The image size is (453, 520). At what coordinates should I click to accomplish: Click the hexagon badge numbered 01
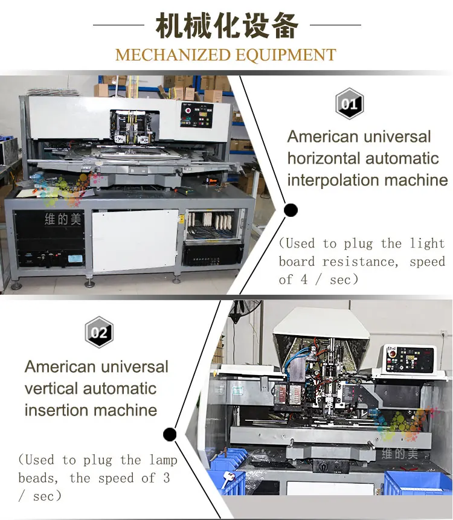350,104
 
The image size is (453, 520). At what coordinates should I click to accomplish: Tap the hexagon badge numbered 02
99,332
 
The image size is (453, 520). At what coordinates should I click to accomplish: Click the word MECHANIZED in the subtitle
173,55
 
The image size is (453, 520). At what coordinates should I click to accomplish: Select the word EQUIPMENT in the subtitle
286,55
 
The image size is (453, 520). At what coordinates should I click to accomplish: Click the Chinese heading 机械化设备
227,26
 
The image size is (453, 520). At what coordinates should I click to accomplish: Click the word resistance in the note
360,262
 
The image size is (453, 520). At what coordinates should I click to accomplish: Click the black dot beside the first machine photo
291,210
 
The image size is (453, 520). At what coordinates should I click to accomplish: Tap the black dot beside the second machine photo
170,434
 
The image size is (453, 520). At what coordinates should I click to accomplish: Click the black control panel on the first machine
197,115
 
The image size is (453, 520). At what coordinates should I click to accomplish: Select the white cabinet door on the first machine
135,241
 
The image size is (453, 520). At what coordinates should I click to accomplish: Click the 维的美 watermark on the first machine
63,219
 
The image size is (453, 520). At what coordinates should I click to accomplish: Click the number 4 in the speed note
304,280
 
